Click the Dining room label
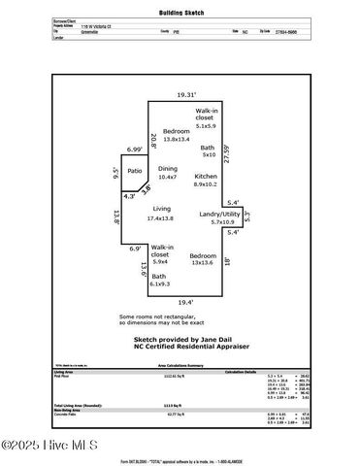(x=168, y=173)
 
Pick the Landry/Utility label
(x=219, y=216)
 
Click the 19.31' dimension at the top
(x=185, y=95)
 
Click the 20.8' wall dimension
(x=152, y=139)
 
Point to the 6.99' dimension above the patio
(x=134, y=150)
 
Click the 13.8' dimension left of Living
(x=116, y=216)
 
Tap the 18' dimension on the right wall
(x=253, y=260)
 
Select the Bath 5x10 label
(x=208, y=151)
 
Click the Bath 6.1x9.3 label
(x=159, y=281)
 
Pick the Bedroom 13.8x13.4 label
(x=176, y=135)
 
